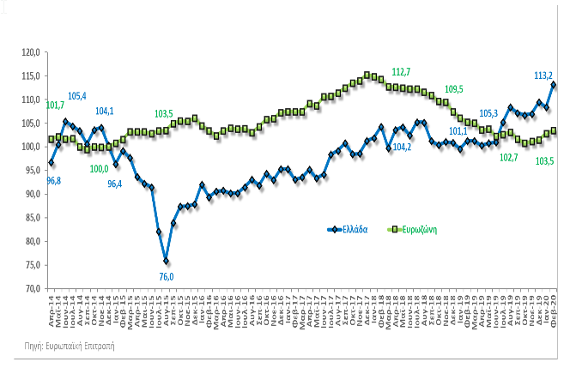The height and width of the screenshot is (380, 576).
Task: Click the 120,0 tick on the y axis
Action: (x=32, y=52)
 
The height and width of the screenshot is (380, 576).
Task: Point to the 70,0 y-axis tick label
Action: (x=32, y=288)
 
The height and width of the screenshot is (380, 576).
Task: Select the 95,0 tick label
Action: (x=32, y=170)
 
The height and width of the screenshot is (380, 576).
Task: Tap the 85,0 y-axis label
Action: (x=32, y=217)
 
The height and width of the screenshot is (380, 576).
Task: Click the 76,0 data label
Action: (x=167, y=276)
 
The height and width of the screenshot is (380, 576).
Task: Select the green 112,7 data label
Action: (x=402, y=71)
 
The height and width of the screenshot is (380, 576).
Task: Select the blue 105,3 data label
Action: (x=489, y=113)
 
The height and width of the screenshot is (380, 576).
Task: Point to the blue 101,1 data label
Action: (x=458, y=131)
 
